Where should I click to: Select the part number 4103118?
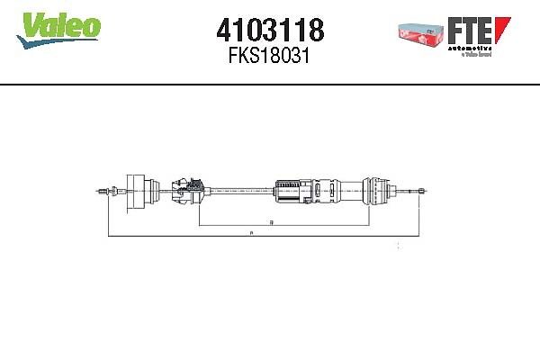point(269,30)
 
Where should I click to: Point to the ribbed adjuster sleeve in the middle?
point(292,191)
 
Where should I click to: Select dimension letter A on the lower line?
point(251,234)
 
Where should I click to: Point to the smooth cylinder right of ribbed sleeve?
point(342,191)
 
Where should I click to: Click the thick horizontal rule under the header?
point(270,84)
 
